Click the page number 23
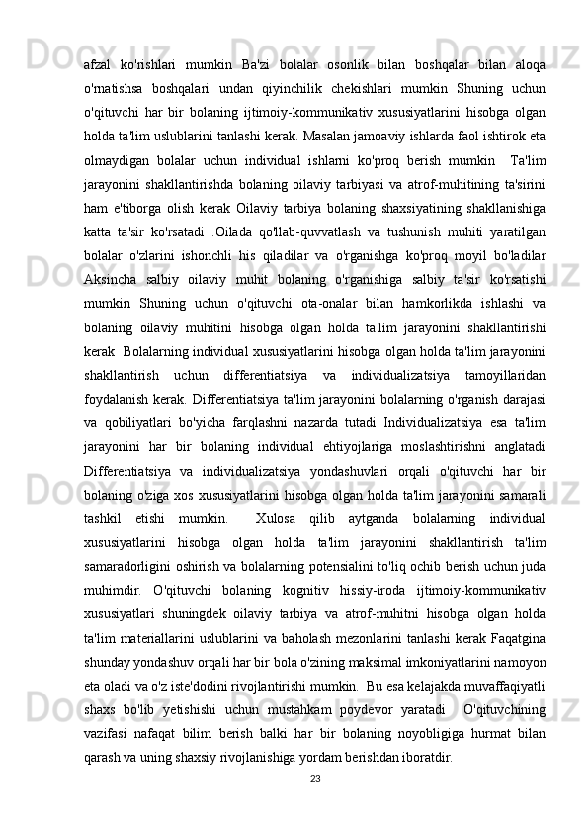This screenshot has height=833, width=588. pos(314,751)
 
